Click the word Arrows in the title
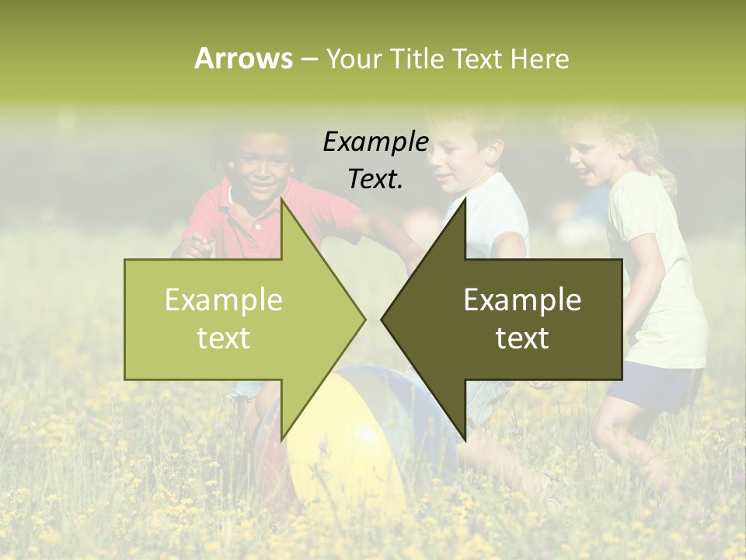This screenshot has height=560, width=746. tap(242, 58)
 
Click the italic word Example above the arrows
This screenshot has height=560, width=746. tap(375, 142)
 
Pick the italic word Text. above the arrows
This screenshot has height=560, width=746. tap(375, 179)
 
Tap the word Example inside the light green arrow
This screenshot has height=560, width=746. tap(224, 299)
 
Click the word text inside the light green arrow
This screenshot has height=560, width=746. tap(224, 338)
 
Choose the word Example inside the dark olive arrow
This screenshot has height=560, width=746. tap(522, 299)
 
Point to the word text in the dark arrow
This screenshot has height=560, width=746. tap(522, 338)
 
